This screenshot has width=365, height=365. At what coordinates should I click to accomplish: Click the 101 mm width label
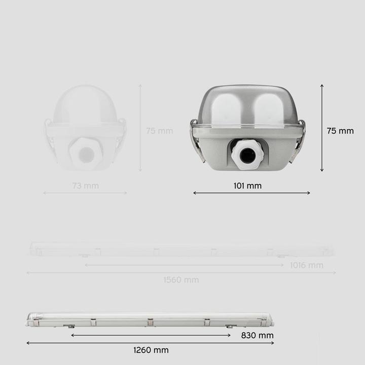[x=247, y=186]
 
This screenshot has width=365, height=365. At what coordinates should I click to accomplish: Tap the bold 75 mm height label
[x=340, y=131]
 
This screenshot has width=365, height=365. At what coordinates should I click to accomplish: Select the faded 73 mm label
[x=85, y=186]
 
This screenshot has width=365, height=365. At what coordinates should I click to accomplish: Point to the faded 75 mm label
[x=159, y=131]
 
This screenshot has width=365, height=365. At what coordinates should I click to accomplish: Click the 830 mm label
[x=258, y=335]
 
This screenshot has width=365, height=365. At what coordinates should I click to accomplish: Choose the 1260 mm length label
[x=151, y=350]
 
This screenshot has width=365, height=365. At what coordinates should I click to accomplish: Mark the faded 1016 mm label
[x=307, y=265]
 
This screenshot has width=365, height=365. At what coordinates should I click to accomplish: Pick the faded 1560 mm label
[x=181, y=280]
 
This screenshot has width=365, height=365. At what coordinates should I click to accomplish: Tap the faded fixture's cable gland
[x=86, y=155]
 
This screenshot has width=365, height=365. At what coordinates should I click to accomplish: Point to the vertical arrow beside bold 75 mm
[x=322, y=128]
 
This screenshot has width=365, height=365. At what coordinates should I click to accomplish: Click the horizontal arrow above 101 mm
[x=251, y=193]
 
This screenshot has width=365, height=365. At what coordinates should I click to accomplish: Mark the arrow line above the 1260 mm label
[x=150, y=343]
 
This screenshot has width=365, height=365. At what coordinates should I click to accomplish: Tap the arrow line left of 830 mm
[x=151, y=335]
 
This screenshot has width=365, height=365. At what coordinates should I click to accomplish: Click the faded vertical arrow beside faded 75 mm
[x=140, y=128]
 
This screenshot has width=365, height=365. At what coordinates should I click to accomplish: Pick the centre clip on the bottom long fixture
[x=150, y=322]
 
